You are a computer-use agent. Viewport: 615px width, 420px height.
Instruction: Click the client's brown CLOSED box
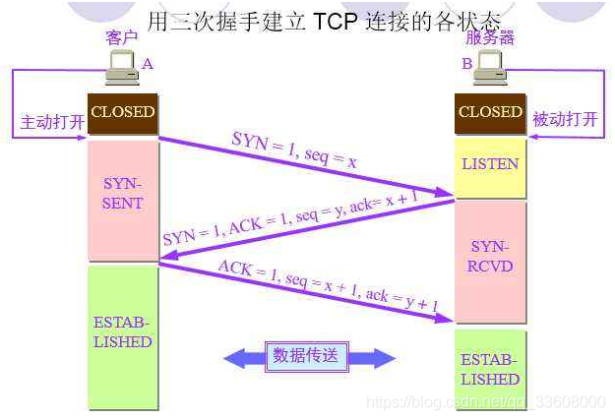(x=123, y=113)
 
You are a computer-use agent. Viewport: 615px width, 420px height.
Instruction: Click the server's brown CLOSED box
(x=490, y=113)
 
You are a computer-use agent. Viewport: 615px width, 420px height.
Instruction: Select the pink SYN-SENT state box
(x=123, y=195)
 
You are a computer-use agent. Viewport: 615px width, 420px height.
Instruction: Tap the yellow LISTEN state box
(x=490, y=165)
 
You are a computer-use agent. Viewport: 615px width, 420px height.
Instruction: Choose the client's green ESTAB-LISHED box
(x=123, y=334)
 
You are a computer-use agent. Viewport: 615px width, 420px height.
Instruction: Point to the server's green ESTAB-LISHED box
(x=490, y=370)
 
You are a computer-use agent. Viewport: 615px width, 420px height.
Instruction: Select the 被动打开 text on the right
(x=565, y=120)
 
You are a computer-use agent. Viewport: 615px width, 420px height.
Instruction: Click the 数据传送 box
(x=307, y=356)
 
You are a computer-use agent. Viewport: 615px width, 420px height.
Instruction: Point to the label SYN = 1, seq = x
(x=294, y=150)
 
